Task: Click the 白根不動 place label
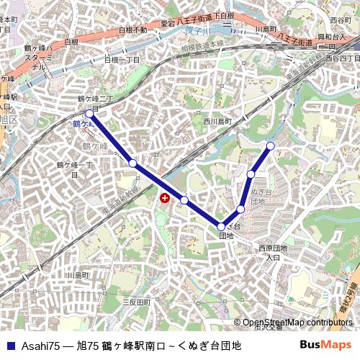(x=132, y=30)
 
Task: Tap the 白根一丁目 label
(x=122, y=60)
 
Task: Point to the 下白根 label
(x=223, y=15)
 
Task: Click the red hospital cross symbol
(x=165, y=197)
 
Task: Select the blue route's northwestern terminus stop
(x=89, y=114)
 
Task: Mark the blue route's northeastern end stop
(x=271, y=146)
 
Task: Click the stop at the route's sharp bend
(x=222, y=228)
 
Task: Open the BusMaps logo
(x=325, y=345)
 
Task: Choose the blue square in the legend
(x=10, y=346)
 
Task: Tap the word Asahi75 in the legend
(x=40, y=346)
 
